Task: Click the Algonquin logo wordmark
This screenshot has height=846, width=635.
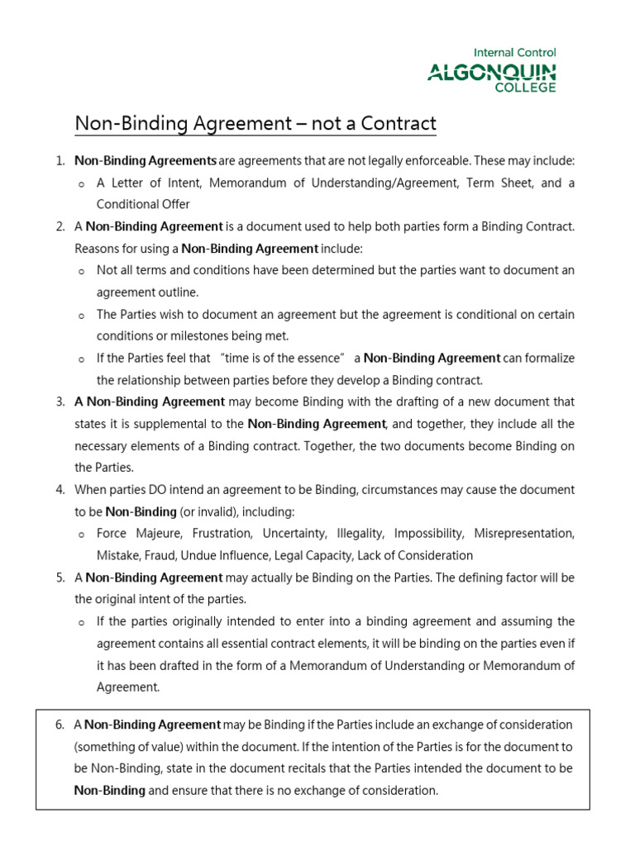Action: coord(491,73)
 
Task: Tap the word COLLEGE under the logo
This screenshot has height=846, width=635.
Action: coord(525,87)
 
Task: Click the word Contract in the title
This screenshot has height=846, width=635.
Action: coord(398,124)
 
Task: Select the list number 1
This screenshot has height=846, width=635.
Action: coord(60,160)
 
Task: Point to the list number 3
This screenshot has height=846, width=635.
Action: coord(60,402)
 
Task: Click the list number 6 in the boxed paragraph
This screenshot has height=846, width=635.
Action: coord(60,725)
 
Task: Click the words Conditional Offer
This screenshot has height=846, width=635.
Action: coord(143,204)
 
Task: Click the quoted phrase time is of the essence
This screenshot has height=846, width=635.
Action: coord(282,358)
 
